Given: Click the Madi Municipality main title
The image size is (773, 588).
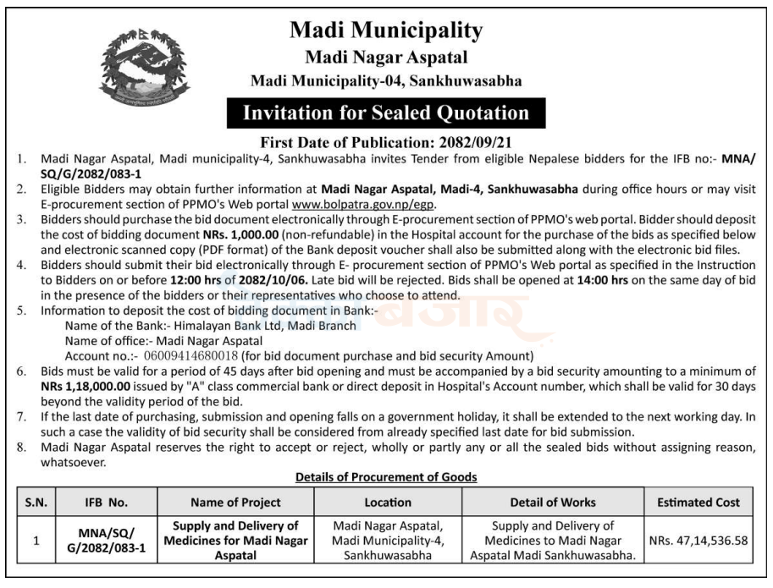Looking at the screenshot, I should (386, 30).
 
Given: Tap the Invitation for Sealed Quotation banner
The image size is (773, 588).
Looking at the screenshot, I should (386, 113).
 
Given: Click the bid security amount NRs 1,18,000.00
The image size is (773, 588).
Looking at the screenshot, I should (82, 386).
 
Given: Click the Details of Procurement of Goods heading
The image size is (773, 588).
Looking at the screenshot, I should (386, 477).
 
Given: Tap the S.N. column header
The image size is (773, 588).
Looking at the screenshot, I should (36, 502).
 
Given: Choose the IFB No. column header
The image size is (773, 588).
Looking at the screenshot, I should (107, 502).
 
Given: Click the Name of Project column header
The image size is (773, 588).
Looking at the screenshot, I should (236, 502).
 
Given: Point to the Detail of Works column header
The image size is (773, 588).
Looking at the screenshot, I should (553, 502).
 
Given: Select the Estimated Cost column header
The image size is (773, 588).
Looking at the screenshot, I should (698, 502).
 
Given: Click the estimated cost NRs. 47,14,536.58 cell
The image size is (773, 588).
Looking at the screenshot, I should (698, 541).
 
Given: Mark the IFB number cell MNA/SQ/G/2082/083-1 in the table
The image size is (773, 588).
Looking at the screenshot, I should (107, 541).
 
